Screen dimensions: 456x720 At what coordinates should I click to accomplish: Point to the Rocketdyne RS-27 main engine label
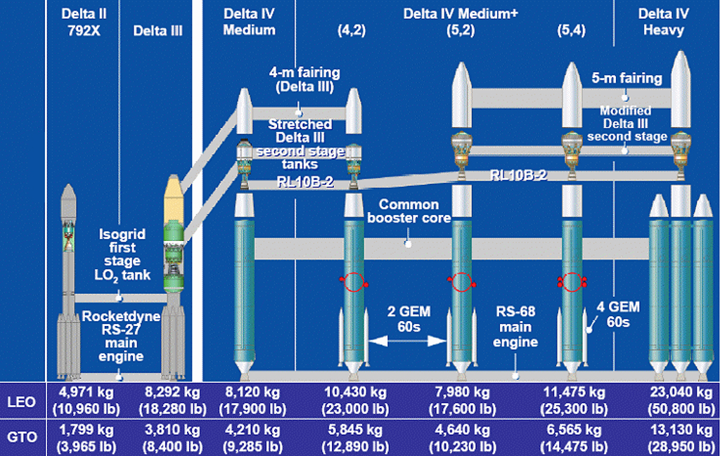coord(121,337)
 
